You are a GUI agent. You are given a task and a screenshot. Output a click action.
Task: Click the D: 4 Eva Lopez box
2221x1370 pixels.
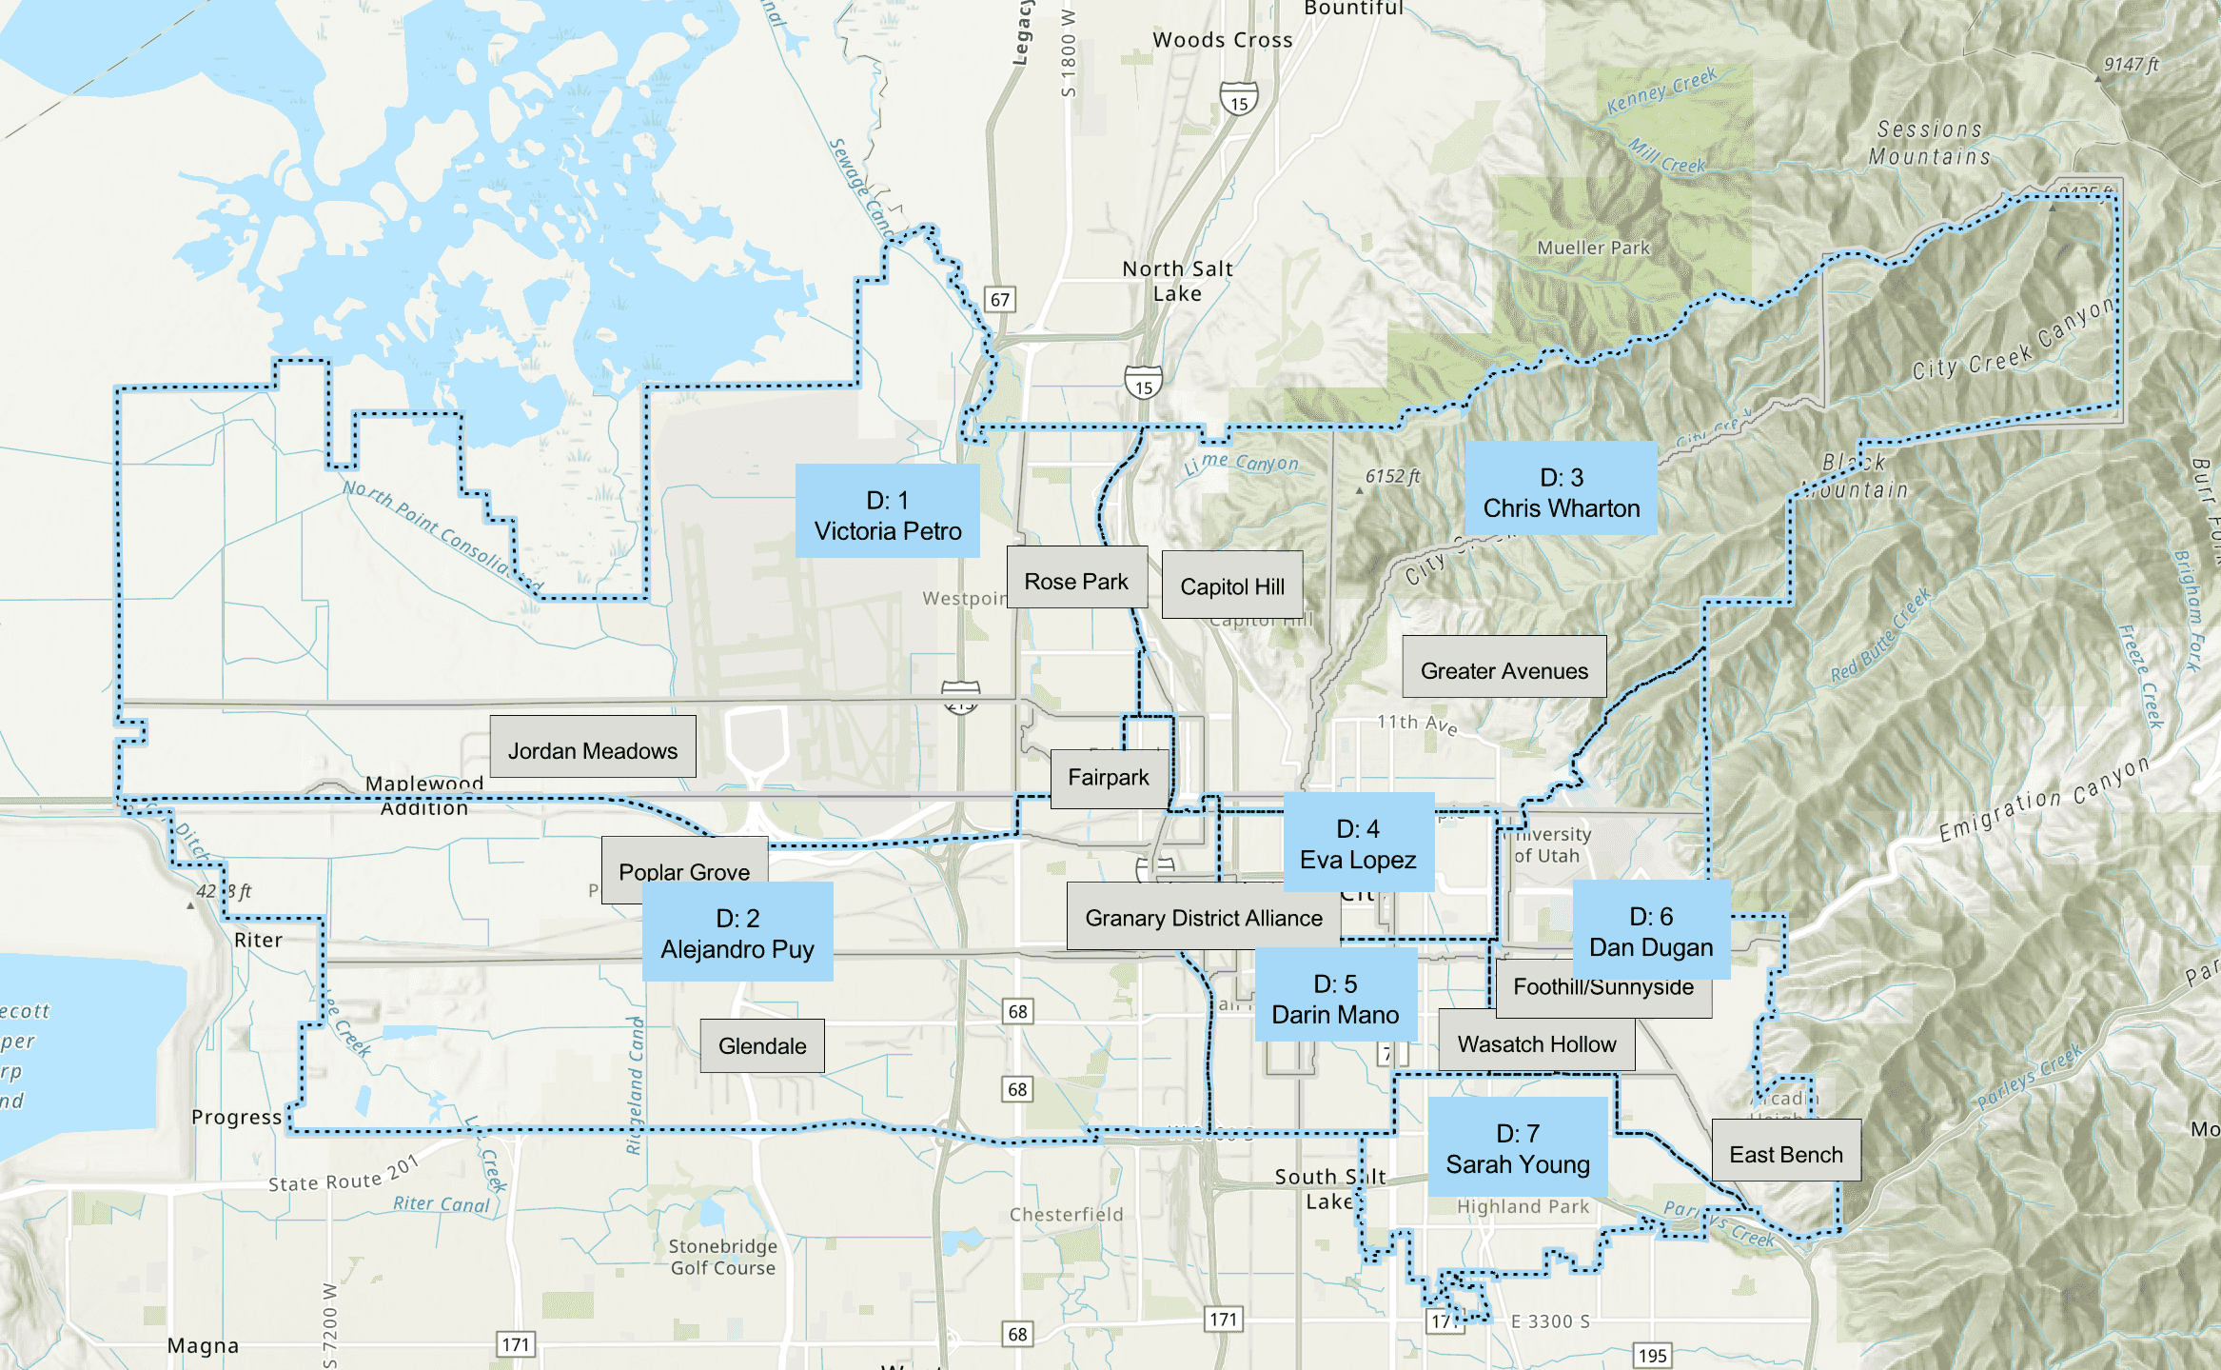click(1358, 843)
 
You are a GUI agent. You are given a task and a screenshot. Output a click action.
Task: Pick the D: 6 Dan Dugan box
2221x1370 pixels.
click(1650, 930)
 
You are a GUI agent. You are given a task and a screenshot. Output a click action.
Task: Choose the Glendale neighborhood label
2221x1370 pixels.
click(761, 1045)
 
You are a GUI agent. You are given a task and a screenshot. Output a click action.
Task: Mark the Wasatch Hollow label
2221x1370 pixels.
click(1536, 1043)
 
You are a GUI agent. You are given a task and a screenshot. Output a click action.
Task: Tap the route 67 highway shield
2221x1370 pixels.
click(999, 300)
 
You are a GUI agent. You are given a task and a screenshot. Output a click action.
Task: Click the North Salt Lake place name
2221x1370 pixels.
click(1177, 281)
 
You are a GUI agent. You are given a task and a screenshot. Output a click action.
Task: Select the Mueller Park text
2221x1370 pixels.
click(1593, 248)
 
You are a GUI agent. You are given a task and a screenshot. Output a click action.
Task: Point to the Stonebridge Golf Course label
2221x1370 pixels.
click(722, 1257)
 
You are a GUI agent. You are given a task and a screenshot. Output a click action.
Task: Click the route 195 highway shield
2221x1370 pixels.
click(1652, 1355)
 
